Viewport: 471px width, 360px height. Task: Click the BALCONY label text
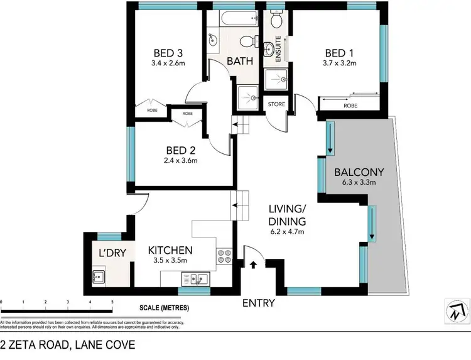359,172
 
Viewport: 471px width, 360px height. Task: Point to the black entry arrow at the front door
254,265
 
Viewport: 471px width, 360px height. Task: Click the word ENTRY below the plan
259,303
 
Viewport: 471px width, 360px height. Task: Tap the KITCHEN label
170,250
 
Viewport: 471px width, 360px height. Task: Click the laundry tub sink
99,275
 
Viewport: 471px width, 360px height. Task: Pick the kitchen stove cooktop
224,256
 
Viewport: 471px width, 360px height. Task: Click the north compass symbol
457,310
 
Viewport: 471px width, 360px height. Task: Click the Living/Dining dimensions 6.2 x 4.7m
287,232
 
